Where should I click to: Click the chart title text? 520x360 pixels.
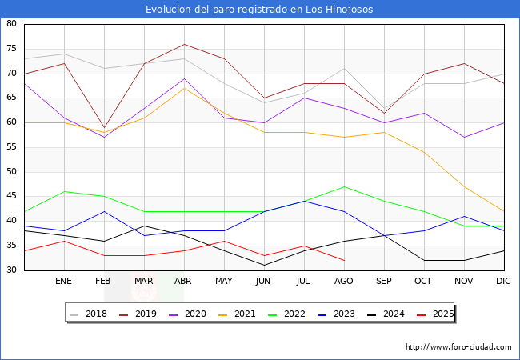click(259, 10)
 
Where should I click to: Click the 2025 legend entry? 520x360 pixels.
click(439, 314)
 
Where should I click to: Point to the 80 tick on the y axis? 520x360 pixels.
click(12, 24)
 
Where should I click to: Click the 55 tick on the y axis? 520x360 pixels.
click(12, 147)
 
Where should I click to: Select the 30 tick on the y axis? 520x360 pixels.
click(12, 270)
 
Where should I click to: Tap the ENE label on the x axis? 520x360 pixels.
click(63, 282)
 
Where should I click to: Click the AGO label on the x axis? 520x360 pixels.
click(344, 282)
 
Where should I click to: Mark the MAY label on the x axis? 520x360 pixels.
click(224, 282)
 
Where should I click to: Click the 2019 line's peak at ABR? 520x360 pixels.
click(184, 44)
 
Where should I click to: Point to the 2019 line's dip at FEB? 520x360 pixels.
click(104, 127)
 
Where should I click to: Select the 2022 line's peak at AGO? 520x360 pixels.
click(344, 186)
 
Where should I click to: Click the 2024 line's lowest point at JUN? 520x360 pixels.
click(264, 265)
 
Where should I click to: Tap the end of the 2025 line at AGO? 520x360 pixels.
click(344, 260)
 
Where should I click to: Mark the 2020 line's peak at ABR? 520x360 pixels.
click(184, 78)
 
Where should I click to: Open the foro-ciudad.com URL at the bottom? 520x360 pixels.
click(458, 347)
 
